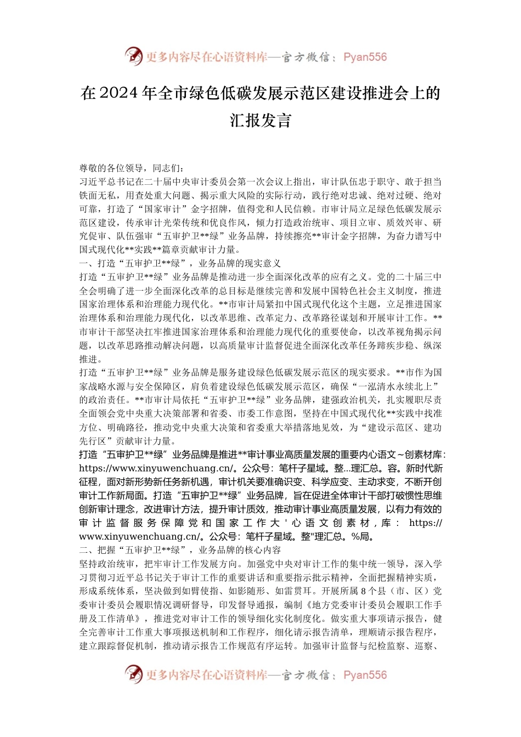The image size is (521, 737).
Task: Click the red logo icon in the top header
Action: [x=133, y=56]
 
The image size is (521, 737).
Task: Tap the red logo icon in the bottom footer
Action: [x=133, y=674]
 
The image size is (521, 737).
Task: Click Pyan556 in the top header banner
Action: [x=365, y=57]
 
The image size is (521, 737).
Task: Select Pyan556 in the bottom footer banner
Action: [x=365, y=676]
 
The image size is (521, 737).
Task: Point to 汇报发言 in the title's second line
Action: [x=260, y=120]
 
